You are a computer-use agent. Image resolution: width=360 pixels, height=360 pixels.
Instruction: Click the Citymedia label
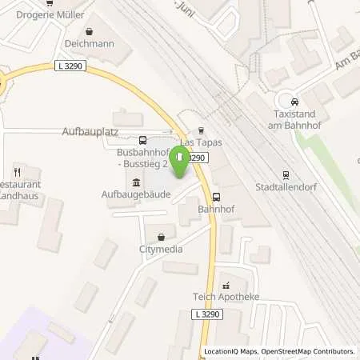point(162,250)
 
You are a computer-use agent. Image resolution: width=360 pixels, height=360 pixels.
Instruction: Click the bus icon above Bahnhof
point(216,196)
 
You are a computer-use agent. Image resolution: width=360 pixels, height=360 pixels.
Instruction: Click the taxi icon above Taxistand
point(295,102)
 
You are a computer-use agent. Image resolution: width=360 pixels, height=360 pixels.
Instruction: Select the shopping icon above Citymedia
point(162,237)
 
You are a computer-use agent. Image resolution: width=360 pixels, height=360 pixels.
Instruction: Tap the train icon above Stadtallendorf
point(285,176)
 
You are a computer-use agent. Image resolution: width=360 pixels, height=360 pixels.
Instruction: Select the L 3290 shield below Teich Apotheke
point(206,315)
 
